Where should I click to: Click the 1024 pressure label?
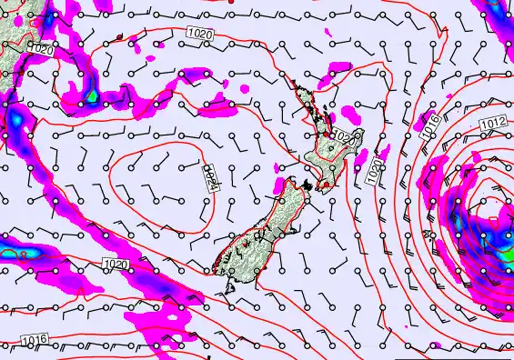tap(210, 175)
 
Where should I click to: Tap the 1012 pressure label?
tap(493, 123)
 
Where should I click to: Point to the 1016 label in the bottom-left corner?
tap(31, 341)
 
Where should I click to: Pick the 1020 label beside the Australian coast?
tap(41, 50)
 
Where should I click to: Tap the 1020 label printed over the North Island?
tap(343, 137)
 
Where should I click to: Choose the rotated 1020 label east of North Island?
tap(375, 173)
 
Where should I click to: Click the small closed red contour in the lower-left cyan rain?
tap(20, 255)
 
